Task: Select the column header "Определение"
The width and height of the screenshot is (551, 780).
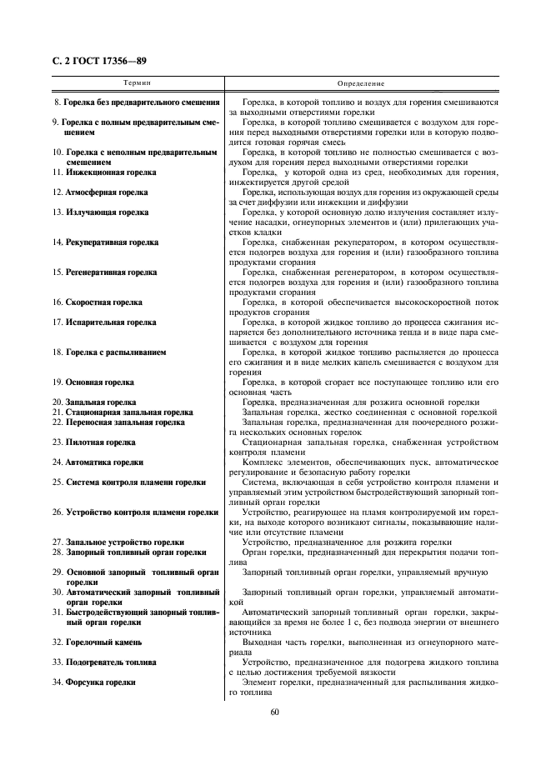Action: coord(360,84)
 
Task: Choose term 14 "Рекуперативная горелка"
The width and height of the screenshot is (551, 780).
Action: coord(106,242)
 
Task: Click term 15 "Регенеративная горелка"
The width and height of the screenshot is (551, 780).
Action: coord(105,272)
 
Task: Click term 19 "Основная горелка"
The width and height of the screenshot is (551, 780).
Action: coord(93,382)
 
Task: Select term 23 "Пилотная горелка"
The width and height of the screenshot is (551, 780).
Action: coord(94,442)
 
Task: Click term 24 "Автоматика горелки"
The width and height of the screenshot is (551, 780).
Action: coord(98,462)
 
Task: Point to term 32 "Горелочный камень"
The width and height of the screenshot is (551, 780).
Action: coord(98,642)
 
